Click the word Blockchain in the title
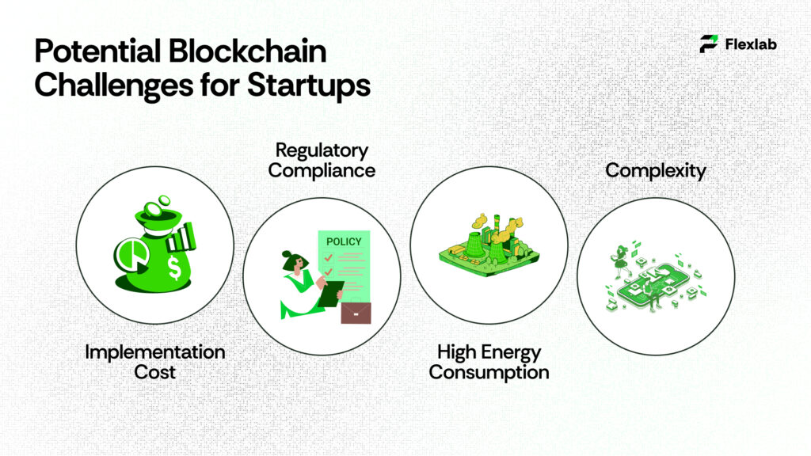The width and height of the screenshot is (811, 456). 247,51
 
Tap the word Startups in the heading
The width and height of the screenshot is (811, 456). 309,85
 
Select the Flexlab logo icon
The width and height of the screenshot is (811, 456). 709,44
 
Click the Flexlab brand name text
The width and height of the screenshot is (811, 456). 751,44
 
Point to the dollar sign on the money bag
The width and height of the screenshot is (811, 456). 174,268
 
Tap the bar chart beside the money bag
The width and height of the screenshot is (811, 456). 181,237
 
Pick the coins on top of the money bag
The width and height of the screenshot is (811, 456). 156,206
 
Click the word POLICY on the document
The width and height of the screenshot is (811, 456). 344,241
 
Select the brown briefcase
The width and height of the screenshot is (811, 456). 356,313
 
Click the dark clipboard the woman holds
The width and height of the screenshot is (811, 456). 330,294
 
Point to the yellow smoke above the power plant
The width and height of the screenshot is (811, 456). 497,229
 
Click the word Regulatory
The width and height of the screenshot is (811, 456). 322,150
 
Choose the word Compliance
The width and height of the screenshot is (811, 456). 322,171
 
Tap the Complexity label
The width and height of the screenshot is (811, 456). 655,171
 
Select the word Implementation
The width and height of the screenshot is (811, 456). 155,352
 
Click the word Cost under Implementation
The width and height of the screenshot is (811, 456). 154,372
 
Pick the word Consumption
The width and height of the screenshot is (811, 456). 489,372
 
